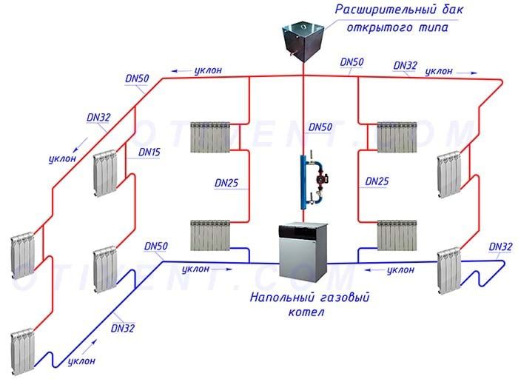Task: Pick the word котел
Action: [x=308, y=312]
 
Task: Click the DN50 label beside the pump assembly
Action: [x=320, y=127]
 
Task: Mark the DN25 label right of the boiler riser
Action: [x=377, y=181]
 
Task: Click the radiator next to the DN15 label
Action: [x=106, y=172]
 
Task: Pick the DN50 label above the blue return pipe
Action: [x=156, y=245]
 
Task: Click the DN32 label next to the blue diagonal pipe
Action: [x=122, y=325]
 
